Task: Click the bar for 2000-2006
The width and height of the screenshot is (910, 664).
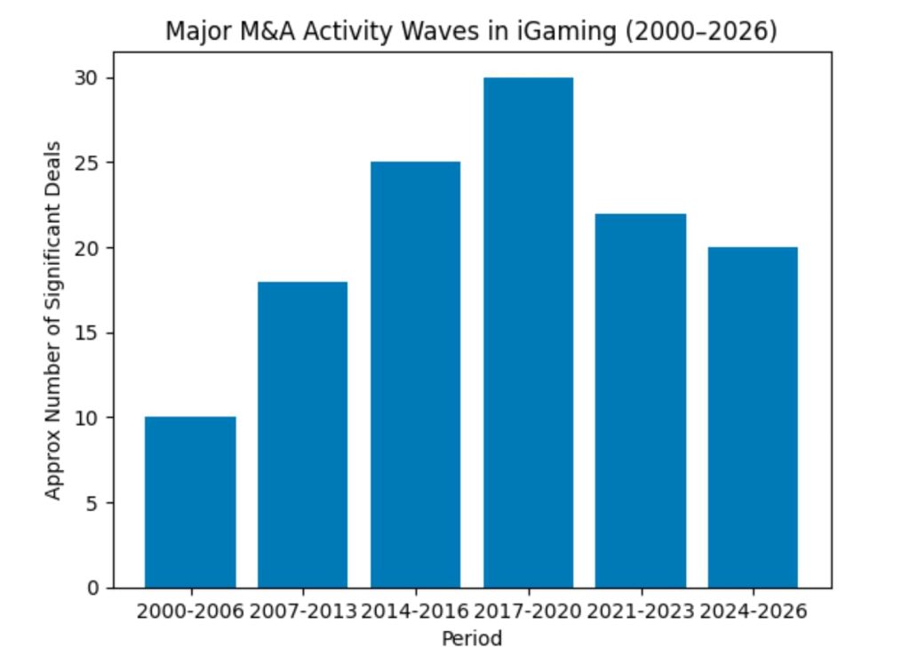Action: click(x=190, y=502)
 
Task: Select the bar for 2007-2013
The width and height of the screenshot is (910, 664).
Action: click(x=302, y=435)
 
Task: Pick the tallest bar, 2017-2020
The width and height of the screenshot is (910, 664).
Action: click(x=528, y=332)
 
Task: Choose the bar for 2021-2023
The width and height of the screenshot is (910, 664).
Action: click(x=641, y=401)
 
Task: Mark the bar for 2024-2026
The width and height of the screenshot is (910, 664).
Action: click(x=753, y=418)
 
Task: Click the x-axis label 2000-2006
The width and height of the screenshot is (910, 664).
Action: click(x=190, y=612)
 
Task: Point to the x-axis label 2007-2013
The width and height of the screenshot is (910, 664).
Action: click(x=302, y=612)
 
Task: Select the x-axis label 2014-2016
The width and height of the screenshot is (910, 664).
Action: click(x=415, y=612)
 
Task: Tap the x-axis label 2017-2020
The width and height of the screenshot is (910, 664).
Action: click(x=528, y=612)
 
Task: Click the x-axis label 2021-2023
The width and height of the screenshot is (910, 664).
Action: click(x=641, y=612)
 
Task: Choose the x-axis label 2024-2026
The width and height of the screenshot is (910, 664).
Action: click(x=753, y=612)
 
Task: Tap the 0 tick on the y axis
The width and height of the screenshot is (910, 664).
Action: click(x=94, y=588)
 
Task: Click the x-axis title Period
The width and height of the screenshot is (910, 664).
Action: click(x=471, y=638)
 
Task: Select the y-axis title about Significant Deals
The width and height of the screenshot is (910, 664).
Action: click(x=55, y=320)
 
